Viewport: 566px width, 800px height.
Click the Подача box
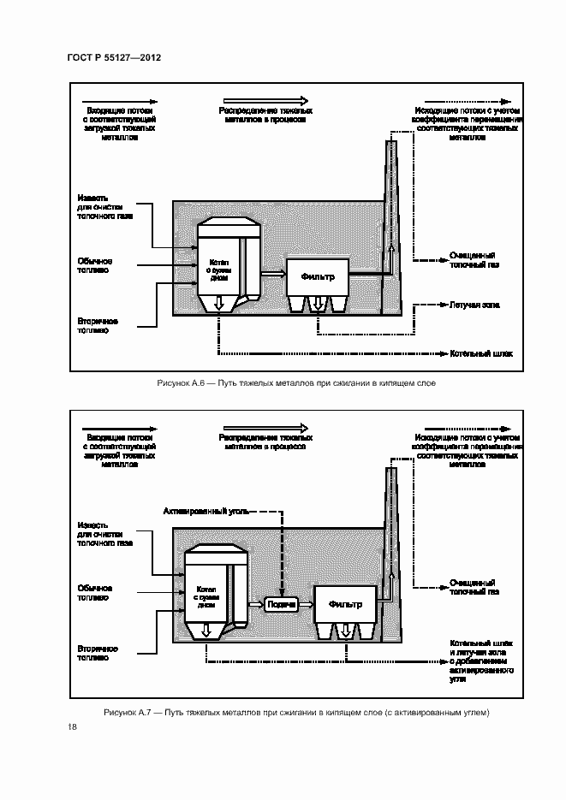(282, 604)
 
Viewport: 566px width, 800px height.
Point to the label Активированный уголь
(206, 511)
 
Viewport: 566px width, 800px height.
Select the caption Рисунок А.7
(295, 712)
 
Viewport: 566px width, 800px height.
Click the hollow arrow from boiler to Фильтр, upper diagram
(273, 274)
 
